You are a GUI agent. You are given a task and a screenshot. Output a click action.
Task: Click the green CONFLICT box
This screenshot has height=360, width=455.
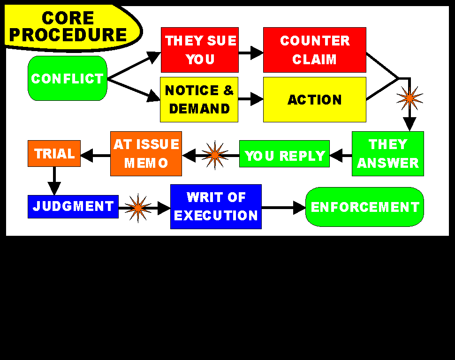click(68, 78)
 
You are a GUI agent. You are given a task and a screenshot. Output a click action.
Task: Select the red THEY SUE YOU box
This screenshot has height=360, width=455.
click(200, 50)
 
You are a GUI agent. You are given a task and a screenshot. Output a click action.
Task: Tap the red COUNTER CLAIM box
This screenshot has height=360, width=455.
click(314, 50)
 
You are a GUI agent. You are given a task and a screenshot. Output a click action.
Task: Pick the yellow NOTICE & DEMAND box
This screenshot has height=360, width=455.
click(199, 99)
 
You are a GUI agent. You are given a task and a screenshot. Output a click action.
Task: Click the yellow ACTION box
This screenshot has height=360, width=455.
click(314, 99)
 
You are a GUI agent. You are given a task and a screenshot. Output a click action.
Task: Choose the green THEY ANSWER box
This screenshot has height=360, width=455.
click(387, 154)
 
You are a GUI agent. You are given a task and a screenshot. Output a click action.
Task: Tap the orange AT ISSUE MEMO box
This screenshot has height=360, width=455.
click(146, 154)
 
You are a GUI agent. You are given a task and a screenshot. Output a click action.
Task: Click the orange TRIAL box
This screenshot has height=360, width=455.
click(54, 153)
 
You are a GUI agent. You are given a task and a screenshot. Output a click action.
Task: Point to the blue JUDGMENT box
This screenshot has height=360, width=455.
click(73, 207)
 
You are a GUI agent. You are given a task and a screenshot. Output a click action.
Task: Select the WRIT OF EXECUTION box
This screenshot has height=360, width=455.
click(216, 207)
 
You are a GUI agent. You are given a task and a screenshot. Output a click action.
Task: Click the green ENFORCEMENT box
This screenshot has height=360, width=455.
click(364, 207)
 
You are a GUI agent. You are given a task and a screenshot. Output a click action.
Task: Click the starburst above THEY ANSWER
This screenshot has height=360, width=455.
click(409, 97)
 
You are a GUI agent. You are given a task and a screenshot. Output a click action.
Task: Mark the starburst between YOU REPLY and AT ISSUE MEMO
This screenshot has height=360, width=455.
click(215, 155)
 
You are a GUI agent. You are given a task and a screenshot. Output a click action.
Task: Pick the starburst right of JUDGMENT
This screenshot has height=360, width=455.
click(138, 208)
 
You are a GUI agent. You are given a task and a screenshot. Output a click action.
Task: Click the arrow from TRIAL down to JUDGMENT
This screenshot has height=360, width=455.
click(54, 181)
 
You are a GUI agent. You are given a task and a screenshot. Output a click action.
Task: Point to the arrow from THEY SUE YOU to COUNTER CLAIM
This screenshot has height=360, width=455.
click(250, 52)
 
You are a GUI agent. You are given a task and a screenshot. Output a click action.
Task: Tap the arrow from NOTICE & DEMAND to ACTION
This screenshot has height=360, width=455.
click(250, 99)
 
